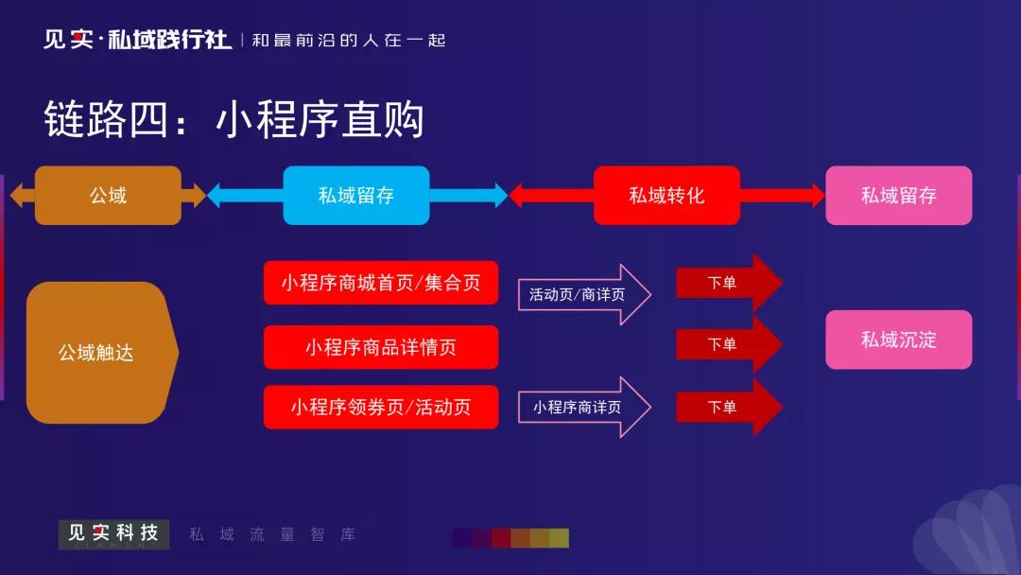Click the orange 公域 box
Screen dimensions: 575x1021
point(108,196)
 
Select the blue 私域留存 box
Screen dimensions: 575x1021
point(356,196)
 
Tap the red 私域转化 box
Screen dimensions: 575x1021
point(666,196)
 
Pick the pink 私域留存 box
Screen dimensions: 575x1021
point(898,196)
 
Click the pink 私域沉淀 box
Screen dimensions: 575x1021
point(898,340)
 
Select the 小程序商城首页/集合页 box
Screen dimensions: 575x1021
point(380,283)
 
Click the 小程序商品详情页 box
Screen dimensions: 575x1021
point(380,347)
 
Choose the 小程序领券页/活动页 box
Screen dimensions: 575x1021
point(380,408)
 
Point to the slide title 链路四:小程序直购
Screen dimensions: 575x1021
point(234,121)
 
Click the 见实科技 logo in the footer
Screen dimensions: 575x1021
point(113,534)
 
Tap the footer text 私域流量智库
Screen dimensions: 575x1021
point(272,534)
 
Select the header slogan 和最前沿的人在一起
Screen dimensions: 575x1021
point(348,41)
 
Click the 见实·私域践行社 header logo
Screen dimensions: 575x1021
point(137,40)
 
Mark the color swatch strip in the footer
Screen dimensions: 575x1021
point(510,538)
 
